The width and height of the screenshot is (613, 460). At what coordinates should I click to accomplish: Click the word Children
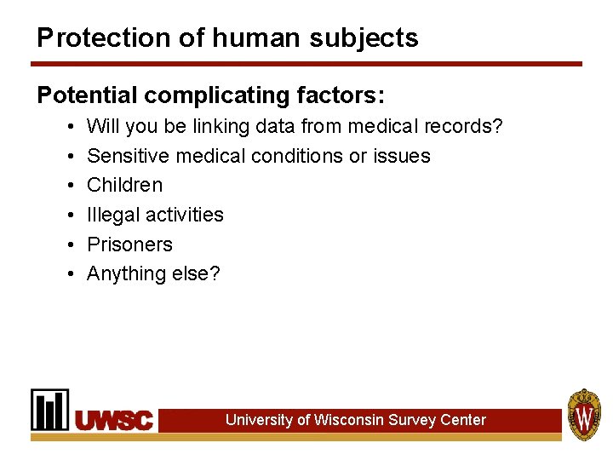[x=124, y=185]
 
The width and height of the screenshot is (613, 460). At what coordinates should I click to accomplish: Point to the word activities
[x=184, y=215]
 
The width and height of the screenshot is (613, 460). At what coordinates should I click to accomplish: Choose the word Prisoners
[x=129, y=244]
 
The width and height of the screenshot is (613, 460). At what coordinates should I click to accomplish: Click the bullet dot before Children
[x=67, y=185]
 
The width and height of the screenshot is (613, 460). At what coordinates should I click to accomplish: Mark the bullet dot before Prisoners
[x=67, y=244]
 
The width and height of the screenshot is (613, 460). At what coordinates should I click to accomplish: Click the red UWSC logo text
[x=114, y=420]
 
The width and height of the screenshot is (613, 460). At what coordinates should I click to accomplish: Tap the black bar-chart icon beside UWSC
[x=50, y=410]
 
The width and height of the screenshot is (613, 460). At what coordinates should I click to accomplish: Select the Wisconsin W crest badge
[x=584, y=415]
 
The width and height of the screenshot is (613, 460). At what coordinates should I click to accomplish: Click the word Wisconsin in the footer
[x=348, y=420]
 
